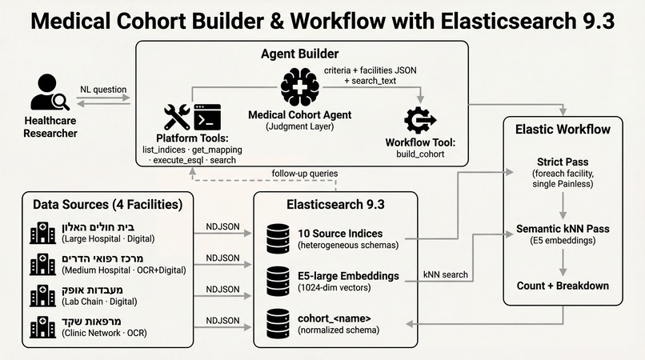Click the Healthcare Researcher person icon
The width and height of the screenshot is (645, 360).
(x=49, y=94)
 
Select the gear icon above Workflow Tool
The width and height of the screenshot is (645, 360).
(x=420, y=120)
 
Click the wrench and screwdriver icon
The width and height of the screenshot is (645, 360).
(x=177, y=117)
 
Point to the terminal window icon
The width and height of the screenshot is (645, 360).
(x=206, y=117)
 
